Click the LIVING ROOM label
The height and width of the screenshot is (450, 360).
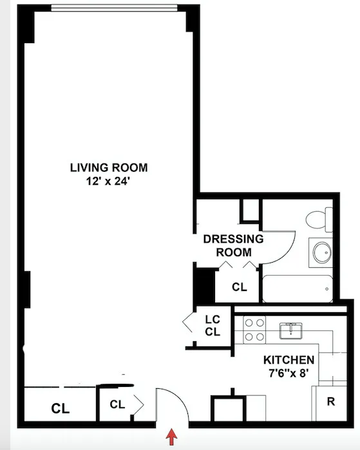pyautogui.click(x=109, y=168)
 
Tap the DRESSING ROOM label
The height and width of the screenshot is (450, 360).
pyautogui.click(x=233, y=245)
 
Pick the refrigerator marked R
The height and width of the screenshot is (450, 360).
pyautogui.click(x=330, y=402)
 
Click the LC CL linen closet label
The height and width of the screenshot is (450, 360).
pyautogui.click(x=213, y=325)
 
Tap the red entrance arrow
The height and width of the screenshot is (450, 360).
pyautogui.click(x=172, y=438)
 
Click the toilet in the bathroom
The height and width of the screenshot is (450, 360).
pyautogui.click(x=317, y=219)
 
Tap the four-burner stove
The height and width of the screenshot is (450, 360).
pyautogui.click(x=253, y=330)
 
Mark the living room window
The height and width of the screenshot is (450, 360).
pyautogui.click(x=119, y=8)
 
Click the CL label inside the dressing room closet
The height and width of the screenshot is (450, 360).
pyautogui.click(x=239, y=287)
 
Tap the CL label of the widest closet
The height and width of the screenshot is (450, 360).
pyautogui.click(x=61, y=409)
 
